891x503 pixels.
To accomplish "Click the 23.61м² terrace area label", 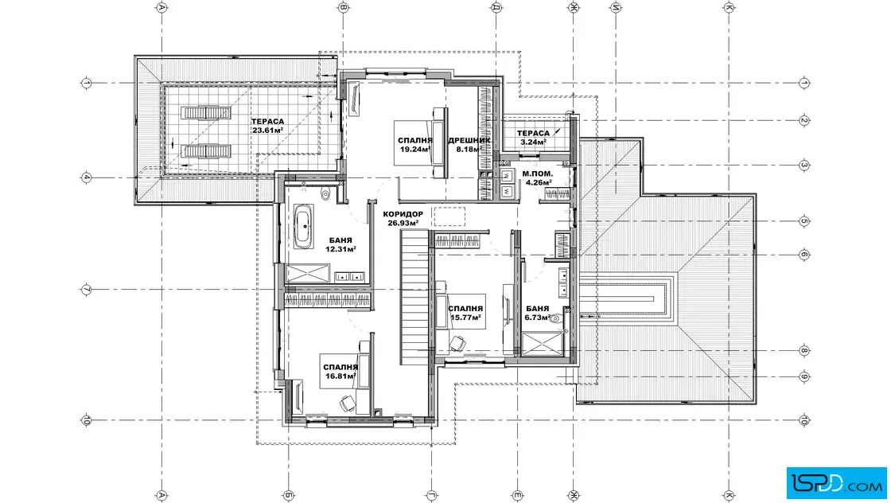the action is pos(267,126).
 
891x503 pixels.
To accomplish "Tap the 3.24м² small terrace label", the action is pos(533,138).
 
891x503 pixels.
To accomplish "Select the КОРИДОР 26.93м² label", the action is pos(403,218).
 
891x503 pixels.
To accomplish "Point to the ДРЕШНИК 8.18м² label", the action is pos(469,145).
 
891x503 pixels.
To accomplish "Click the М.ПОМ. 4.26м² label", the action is pos(538,178).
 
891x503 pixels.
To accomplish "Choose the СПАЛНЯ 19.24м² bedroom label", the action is pos(414,145).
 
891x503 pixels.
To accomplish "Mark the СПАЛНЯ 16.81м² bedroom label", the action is pos(340,372).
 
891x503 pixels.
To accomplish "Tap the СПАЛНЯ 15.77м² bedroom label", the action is pos(466,313).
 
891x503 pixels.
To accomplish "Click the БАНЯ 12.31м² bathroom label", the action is pos(340,244).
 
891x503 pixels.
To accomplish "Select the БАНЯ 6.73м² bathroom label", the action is pos(538,313).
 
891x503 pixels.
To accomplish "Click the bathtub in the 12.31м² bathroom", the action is pos(303,226).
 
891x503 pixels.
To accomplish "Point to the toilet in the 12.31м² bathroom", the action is pos(325,194).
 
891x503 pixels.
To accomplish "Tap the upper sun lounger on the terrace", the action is pos(206,112).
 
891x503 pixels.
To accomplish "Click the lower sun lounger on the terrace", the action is pos(206,151).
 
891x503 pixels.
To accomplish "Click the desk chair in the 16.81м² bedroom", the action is pos(347,403).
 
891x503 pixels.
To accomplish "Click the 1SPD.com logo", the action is pos(836,483).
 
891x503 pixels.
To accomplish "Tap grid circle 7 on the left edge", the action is pos(87,290).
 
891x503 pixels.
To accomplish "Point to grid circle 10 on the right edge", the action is pos(803,420).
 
